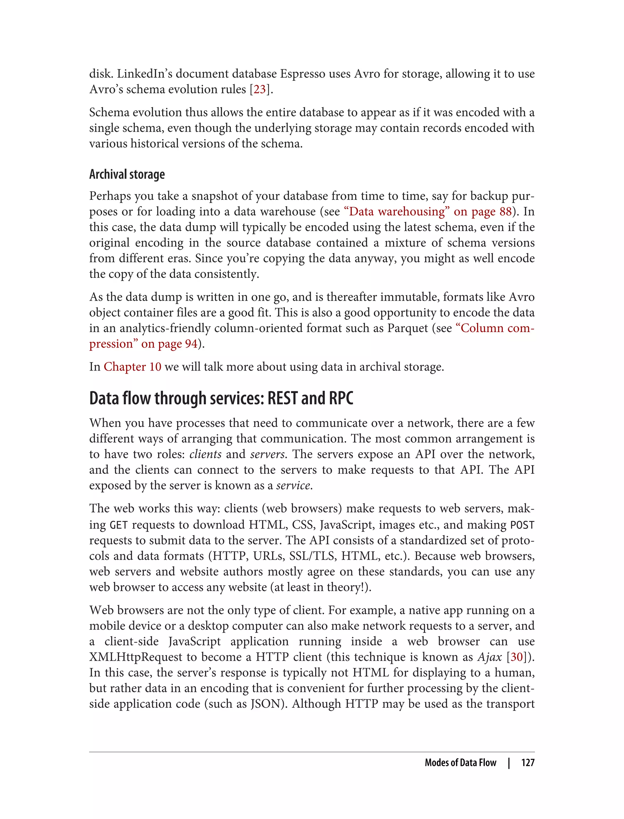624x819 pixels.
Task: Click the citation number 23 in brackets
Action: coord(260,90)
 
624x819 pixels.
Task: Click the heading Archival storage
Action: coord(127,174)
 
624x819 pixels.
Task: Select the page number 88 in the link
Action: coord(505,211)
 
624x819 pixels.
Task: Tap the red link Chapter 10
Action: coord(132,367)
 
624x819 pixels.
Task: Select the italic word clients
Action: coord(205,454)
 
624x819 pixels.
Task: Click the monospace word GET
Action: coord(119,525)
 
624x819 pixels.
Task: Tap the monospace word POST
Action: coord(522,525)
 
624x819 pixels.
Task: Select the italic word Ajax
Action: coord(490,657)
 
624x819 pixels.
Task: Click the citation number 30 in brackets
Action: coord(517,657)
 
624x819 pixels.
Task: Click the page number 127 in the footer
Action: coord(527,763)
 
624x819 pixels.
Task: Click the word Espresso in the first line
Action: coord(302,74)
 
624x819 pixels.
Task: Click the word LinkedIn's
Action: coord(144,74)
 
